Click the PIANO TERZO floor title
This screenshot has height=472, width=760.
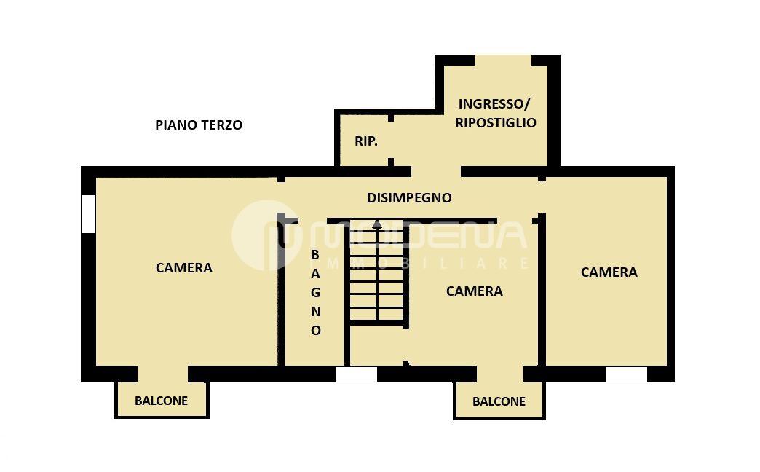(x=199, y=125)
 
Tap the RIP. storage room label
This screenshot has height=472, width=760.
(x=366, y=141)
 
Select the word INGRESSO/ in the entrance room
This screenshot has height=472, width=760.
(x=494, y=104)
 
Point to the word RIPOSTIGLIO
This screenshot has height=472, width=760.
(x=495, y=122)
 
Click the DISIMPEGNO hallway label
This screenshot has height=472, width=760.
(x=409, y=198)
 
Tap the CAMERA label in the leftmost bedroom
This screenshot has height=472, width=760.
(x=183, y=268)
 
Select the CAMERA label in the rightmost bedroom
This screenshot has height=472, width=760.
(x=609, y=272)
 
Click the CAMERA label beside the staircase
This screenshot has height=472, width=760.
(x=474, y=291)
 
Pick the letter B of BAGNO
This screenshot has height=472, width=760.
(x=315, y=255)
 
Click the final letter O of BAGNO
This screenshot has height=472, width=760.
(x=315, y=331)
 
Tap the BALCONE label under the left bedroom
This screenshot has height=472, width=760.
(x=161, y=401)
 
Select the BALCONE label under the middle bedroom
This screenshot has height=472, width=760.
(x=499, y=401)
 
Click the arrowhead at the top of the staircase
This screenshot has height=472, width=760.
(x=376, y=224)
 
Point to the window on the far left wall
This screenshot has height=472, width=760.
(x=88, y=214)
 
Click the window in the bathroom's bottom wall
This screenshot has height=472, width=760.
(x=356, y=374)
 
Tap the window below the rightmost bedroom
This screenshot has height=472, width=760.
(x=626, y=374)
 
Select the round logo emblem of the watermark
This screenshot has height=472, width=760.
(x=265, y=236)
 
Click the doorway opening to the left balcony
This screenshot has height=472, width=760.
(x=162, y=374)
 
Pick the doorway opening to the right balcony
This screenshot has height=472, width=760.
(x=500, y=374)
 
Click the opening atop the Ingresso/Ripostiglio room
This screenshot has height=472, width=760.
(x=503, y=60)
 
